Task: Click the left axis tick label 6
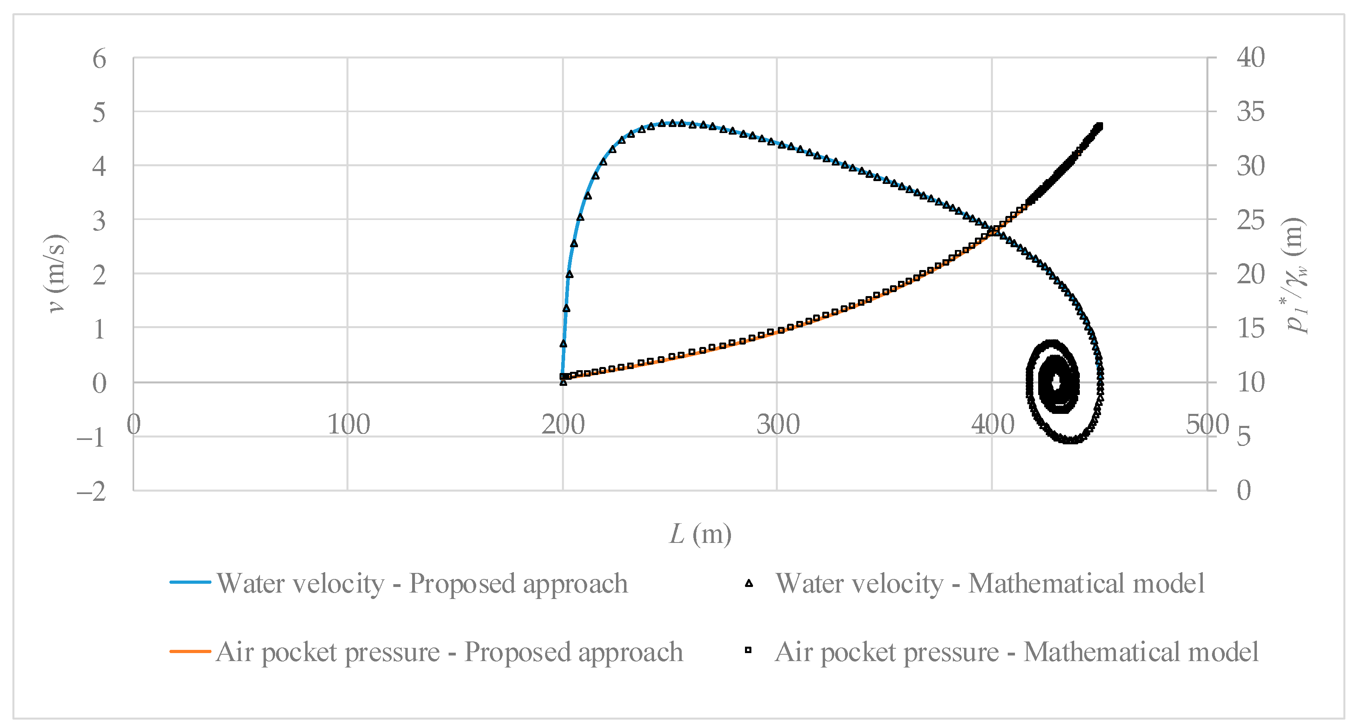(99, 58)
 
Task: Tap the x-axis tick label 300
(777, 424)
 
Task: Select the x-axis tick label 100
(348, 424)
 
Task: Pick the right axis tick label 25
(1250, 220)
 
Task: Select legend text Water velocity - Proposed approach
(422, 583)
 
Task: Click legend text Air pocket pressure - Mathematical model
(1016, 651)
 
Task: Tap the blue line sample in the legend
(190, 582)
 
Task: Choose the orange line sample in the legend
(190, 651)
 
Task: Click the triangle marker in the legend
(749, 583)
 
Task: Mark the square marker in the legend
(748, 650)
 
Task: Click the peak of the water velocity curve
(672, 123)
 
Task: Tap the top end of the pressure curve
(1099, 126)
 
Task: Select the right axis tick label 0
(1244, 490)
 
